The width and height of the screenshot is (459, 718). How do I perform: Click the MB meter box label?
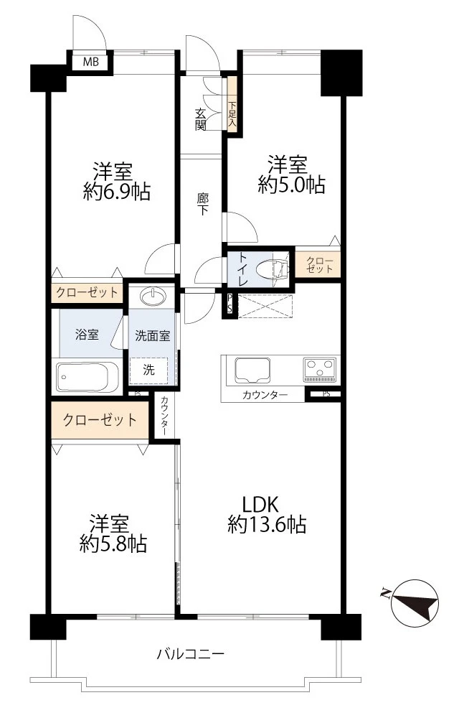[90, 62]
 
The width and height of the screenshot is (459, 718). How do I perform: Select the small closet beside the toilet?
[319, 265]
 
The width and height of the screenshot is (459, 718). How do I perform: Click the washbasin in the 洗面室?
[152, 296]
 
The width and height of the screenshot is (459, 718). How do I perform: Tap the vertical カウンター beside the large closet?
[165, 416]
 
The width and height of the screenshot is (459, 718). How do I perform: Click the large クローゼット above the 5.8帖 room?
[100, 420]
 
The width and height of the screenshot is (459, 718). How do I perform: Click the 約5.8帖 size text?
[113, 544]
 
